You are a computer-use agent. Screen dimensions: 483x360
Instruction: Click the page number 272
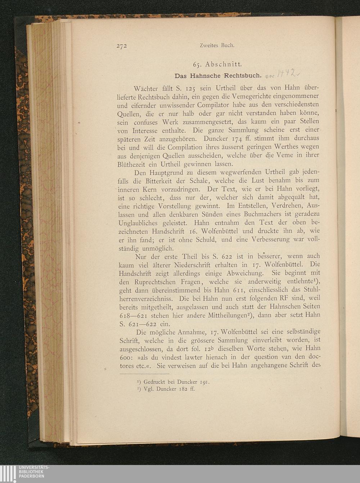point(122,46)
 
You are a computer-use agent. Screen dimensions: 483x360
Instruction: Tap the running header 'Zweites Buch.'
point(217,46)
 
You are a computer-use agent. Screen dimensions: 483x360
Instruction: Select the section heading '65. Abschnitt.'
point(217,65)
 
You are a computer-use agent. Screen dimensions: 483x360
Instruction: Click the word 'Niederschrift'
point(193,265)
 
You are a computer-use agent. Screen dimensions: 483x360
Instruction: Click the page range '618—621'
point(132,316)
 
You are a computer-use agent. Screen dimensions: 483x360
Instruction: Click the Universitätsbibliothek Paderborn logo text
point(35,471)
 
